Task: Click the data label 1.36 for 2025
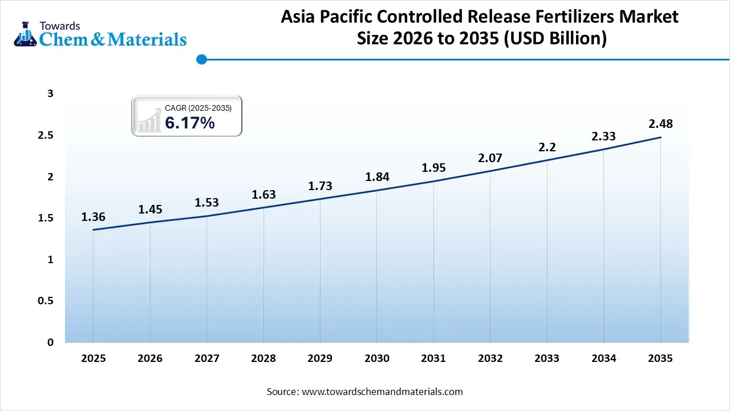point(93,217)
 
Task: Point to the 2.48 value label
point(660,124)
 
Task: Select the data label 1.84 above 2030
point(377,177)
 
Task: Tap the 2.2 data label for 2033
point(547,147)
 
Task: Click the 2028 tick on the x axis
point(263,358)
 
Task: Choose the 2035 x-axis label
point(660,358)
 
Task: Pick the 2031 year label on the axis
point(433,358)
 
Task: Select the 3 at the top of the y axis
point(50,94)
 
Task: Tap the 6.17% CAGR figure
point(190,123)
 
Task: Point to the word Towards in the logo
point(59,26)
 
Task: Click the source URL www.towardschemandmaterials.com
point(382,392)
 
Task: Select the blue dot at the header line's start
point(201,59)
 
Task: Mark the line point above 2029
point(320,199)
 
